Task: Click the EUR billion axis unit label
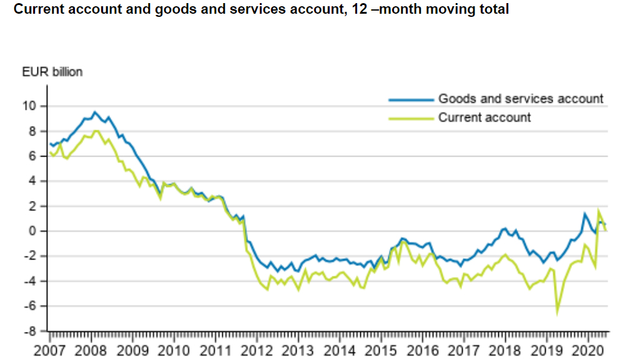[x=52, y=72]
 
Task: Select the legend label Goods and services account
[x=521, y=99]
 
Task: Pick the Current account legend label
[x=485, y=117]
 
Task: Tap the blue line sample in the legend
[x=410, y=99]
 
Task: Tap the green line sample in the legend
[x=410, y=117]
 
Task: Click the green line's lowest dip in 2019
[x=557, y=313]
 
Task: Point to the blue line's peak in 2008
[x=95, y=112]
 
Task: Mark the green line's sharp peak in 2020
[x=598, y=210]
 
